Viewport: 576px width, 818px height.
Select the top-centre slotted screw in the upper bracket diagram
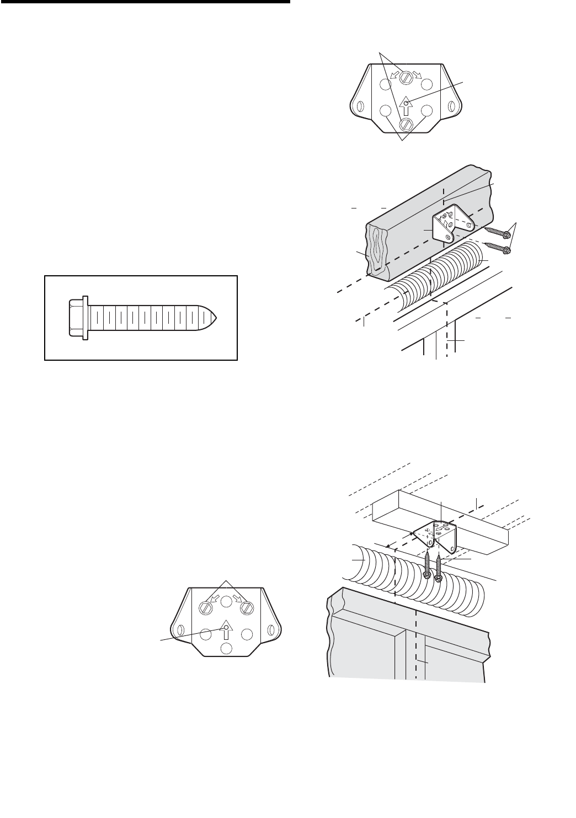pyautogui.click(x=406, y=77)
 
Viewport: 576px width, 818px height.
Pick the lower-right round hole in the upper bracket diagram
pyautogui.click(x=426, y=110)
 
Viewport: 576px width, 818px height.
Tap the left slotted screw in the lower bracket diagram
pyautogui.click(x=205, y=607)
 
